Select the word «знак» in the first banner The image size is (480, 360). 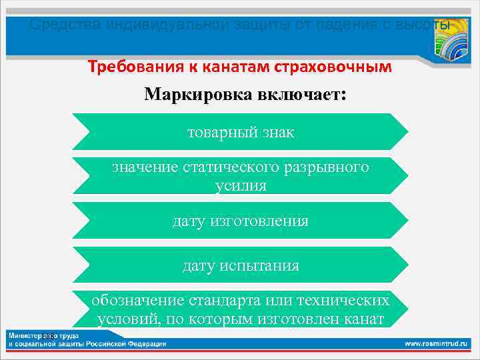(x=277, y=132)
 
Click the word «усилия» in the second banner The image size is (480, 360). (x=241, y=185)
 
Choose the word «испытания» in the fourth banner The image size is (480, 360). (x=259, y=265)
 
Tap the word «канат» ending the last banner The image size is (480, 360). (x=363, y=319)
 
